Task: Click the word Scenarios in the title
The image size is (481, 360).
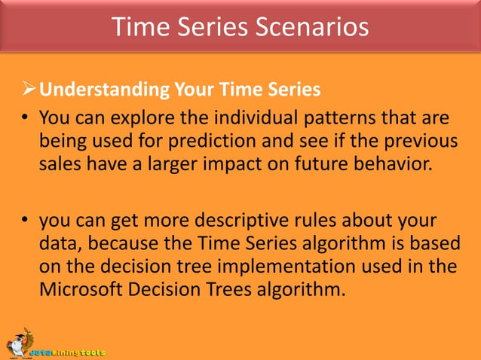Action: (x=311, y=26)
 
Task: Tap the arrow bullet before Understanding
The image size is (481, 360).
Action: (x=29, y=89)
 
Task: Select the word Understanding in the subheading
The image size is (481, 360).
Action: (x=104, y=90)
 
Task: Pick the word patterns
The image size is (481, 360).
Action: (x=339, y=118)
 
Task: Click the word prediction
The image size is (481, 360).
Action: (x=212, y=142)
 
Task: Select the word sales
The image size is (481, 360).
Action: (x=60, y=163)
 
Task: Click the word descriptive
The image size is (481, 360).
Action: (x=242, y=221)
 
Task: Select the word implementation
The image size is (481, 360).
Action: (x=286, y=267)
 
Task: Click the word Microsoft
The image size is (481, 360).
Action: (x=81, y=289)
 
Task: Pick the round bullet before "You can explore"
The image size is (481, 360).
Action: (x=25, y=117)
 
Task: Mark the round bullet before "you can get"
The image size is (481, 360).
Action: (x=25, y=219)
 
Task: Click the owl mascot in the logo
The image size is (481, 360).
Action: (x=19, y=343)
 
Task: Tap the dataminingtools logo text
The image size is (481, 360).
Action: (x=68, y=352)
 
